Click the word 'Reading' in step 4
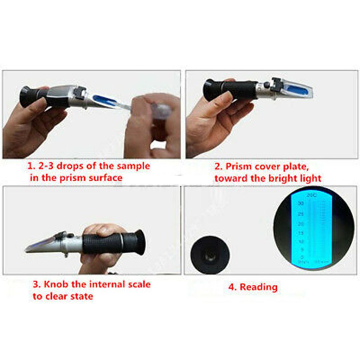[x=258, y=287]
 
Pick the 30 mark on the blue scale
[x=300, y=204]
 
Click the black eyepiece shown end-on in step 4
[x=210, y=255]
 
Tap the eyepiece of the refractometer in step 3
[x=139, y=242]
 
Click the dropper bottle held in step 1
[x=158, y=111]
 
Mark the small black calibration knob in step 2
[x=267, y=85]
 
